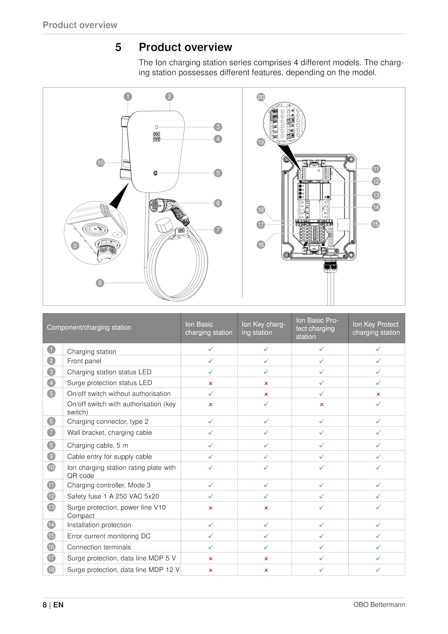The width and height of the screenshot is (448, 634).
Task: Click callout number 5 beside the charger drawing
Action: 218,173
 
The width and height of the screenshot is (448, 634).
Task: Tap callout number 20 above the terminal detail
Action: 261,97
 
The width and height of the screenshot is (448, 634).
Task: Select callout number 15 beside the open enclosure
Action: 375,224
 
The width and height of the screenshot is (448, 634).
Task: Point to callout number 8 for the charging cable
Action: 100,283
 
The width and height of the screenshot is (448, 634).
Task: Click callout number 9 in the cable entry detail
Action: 75,246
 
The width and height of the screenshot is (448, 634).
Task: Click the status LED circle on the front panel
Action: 157,127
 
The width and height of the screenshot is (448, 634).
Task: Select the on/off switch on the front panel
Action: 155,173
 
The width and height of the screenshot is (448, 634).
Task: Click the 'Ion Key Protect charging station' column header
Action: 376,328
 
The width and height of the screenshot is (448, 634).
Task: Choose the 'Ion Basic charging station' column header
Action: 209,328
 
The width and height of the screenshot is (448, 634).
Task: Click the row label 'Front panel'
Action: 84,361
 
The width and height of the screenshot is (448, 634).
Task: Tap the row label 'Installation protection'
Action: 99,525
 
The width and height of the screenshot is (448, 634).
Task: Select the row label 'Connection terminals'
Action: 99,547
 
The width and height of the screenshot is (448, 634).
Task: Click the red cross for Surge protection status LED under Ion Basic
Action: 211,383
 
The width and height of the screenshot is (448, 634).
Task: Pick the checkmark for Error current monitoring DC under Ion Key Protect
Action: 378,536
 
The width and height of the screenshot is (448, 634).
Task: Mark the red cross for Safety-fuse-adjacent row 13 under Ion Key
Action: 266,508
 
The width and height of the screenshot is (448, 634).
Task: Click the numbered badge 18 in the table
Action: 51,569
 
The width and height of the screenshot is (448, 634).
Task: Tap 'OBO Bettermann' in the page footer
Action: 379,605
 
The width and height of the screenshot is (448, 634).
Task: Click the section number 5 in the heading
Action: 118,47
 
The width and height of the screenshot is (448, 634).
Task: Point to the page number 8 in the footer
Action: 45,605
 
